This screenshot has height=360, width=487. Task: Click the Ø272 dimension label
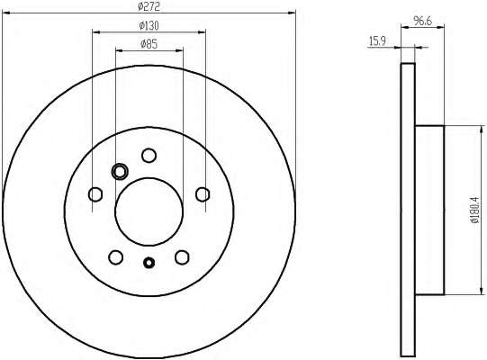(149, 6)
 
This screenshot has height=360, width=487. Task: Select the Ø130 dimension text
(149, 26)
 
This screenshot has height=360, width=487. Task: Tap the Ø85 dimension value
(149, 44)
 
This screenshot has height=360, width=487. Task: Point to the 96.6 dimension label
(423, 21)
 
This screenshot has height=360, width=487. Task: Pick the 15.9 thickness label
(377, 41)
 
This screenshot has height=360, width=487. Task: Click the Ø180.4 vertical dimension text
(474, 210)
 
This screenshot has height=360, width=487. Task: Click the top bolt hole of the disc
(149, 156)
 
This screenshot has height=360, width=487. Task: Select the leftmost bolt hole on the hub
(95, 194)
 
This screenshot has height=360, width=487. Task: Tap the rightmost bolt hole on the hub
(203, 194)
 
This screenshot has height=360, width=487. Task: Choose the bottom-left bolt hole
(116, 257)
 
